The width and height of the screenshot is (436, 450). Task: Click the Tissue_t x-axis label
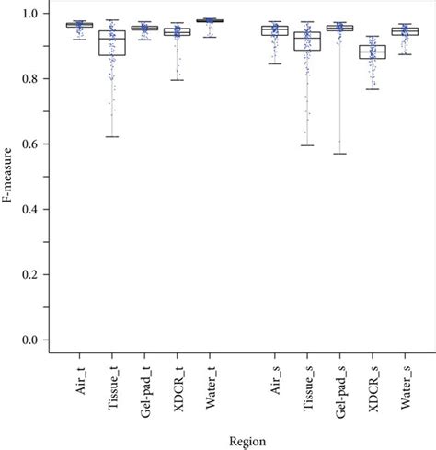pos(113,382)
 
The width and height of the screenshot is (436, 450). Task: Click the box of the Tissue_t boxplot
pos(112,42)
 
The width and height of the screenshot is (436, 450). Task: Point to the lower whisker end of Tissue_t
pos(112,137)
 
